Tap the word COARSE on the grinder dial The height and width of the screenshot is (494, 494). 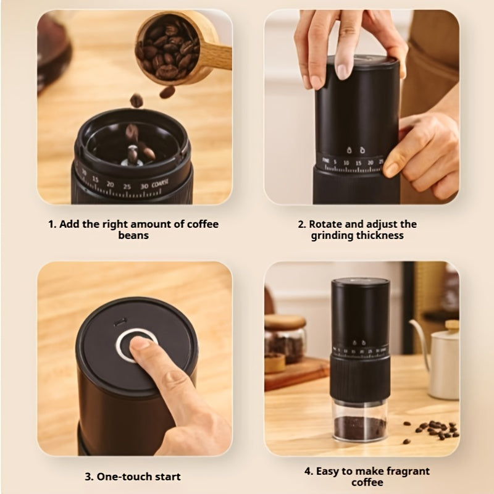click(x=160, y=184)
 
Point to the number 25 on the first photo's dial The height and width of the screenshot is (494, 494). click(x=127, y=186)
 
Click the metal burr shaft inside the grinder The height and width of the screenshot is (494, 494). click(x=132, y=156)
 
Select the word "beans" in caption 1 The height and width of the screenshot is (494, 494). click(x=133, y=235)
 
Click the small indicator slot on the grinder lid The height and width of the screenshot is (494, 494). click(x=120, y=322)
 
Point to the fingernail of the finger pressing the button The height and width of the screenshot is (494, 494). click(x=140, y=343)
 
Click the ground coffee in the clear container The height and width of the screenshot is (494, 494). click(x=360, y=428)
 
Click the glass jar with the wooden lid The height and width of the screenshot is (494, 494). click(x=285, y=338)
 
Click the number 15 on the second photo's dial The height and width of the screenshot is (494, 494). click(x=359, y=163)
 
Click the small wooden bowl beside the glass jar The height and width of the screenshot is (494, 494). click(x=275, y=363)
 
